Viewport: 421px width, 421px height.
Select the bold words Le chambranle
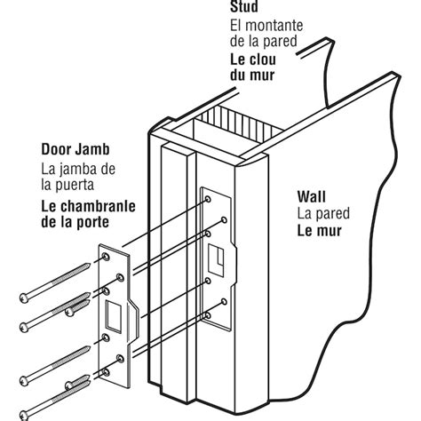[x=89, y=203]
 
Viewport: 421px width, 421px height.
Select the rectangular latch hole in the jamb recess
[x=215, y=257]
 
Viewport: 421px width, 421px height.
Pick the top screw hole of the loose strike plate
[x=105, y=258]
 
